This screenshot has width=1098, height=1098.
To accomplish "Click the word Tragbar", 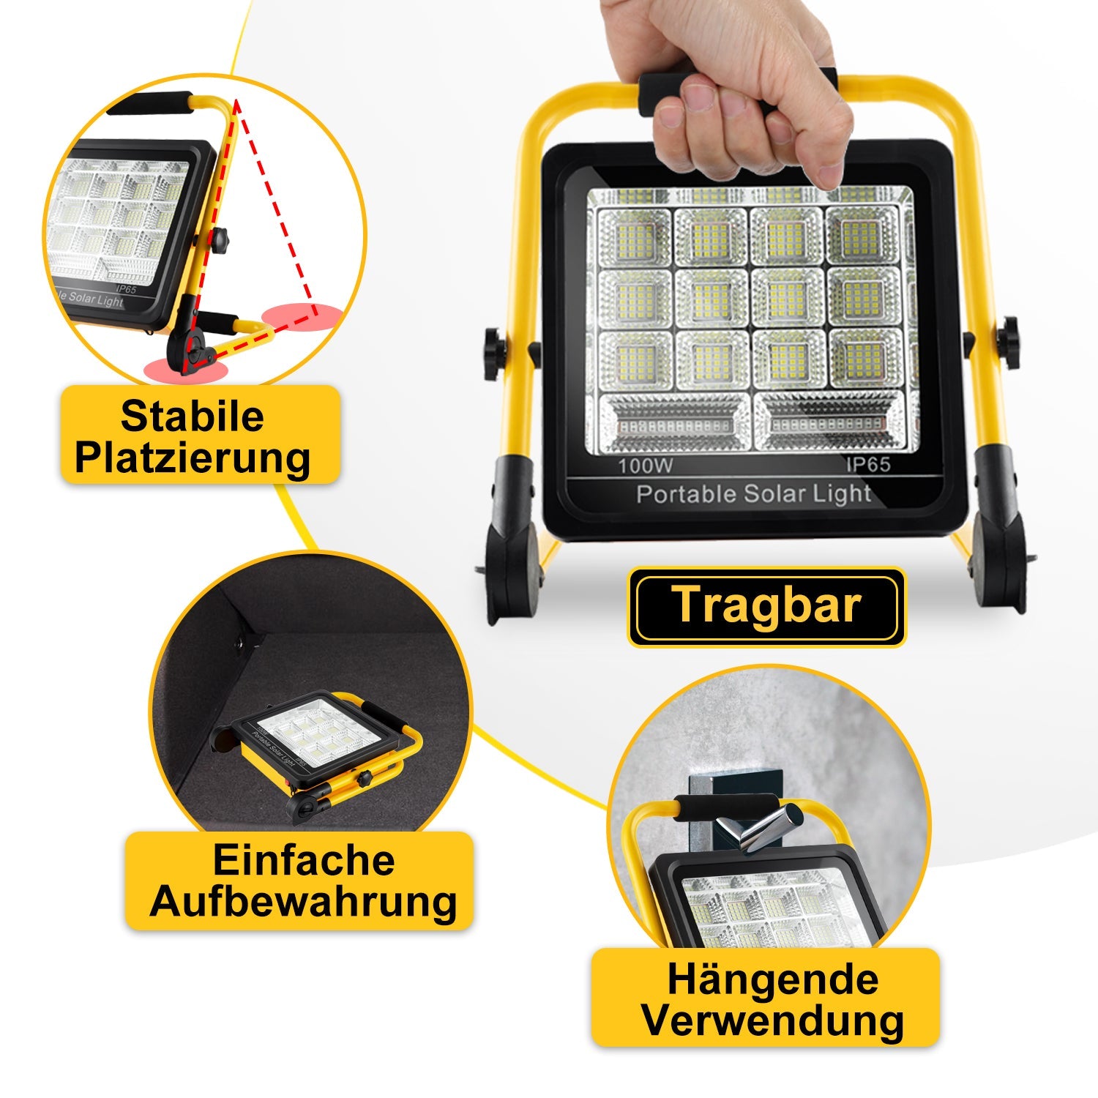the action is click(x=766, y=606).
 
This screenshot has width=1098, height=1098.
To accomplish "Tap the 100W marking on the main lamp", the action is click(x=645, y=466).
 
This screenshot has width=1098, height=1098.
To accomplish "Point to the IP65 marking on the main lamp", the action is click(x=869, y=465).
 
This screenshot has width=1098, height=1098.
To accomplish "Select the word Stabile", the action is click(x=192, y=416).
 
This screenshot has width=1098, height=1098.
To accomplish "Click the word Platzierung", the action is click(x=193, y=458).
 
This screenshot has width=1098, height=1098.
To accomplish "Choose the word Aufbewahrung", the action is click(x=304, y=902).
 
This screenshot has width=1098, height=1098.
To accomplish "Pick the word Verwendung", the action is click(x=773, y=1020).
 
